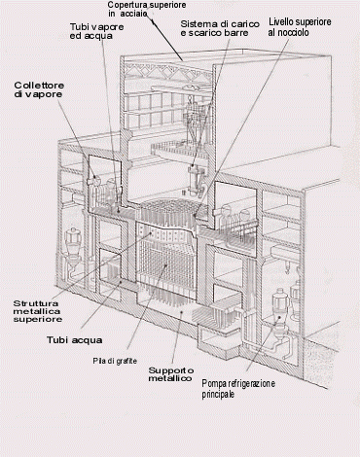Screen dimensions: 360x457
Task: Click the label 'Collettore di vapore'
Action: tap(39, 89)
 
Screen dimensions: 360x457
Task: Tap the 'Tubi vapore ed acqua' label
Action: tap(96, 31)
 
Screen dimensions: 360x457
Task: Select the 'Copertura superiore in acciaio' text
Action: tap(147, 9)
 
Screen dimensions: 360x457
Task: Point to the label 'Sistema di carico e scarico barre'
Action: tap(220, 28)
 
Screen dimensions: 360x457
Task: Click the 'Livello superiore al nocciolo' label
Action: tap(300, 27)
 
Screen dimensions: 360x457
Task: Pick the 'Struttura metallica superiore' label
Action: tap(37, 311)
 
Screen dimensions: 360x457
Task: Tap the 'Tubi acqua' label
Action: tap(74, 339)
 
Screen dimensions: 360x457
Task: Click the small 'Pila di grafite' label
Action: tap(115, 361)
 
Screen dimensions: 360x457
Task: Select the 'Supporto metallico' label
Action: tap(171, 374)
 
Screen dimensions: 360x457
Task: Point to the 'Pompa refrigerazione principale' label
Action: tap(238, 389)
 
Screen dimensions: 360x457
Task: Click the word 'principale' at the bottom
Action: tap(218, 395)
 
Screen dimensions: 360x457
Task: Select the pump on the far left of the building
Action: tap(74, 248)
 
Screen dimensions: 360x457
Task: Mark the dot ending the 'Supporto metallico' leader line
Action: tap(182, 313)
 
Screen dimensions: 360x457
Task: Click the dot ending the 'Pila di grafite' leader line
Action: tap(166, 265)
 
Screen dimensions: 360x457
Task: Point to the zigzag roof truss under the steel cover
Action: tap(167, 71)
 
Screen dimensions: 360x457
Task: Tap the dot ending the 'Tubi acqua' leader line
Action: tap(122, 282)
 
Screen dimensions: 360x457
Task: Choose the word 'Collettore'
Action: tap(39, 86)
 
